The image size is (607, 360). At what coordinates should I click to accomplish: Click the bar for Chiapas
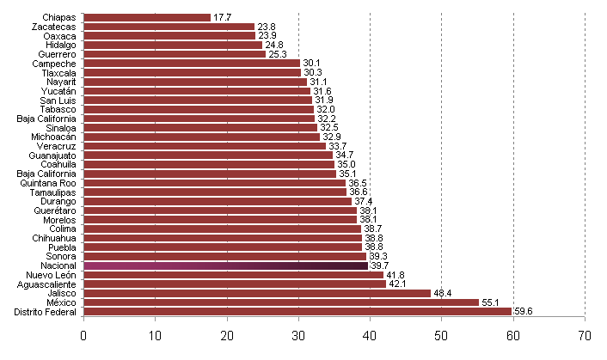click(x=147, y=17)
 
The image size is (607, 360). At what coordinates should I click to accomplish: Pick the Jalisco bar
click(x=257, y=293)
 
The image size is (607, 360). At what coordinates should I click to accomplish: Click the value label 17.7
click(x=223, y=17)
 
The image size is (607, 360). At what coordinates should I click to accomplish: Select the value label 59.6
click(x=524, y=312)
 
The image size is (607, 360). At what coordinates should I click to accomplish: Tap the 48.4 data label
click(x=444, y=293)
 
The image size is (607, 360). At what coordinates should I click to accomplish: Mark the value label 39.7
click(x=380, y=266)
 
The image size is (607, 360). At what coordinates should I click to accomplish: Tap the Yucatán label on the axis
click(x=59, y=91)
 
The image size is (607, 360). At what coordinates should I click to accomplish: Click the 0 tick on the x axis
click(x=84, y=336)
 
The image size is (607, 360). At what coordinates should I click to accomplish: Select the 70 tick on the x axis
click(x=585, y=336)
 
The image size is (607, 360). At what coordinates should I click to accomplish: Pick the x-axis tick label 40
click(x=370, y=336)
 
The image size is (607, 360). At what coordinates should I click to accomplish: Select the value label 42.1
click(x=397, y=284)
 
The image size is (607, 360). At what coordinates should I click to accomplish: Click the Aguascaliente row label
click(x=48, y=284)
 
